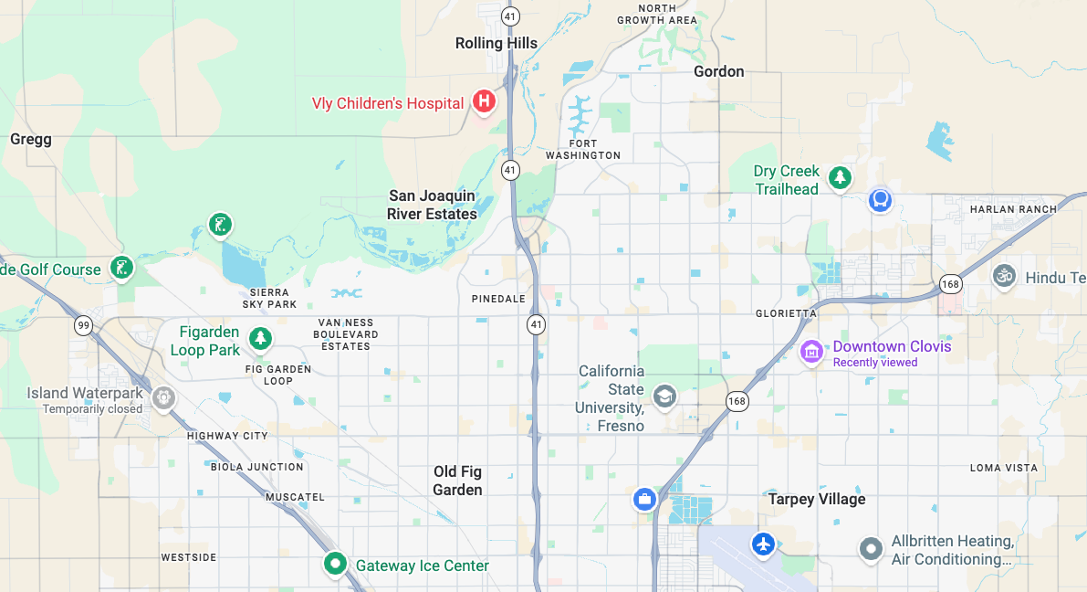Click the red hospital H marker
[484, 101]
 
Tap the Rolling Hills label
[496, 43]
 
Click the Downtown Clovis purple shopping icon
[810, 351]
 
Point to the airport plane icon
[763, 544]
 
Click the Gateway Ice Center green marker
[335, 564]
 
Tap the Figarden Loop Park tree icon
[261, 339]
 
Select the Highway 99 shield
[84, 325]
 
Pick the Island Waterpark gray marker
[164, 397]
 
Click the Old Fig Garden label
[457, 481]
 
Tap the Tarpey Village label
[816, 499]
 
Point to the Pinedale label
[498, 300]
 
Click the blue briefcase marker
[644, 499]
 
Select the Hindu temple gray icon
[1005, 275]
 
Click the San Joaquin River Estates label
[432, 205]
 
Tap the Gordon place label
[718, 71]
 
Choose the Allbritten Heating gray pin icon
[872, 549]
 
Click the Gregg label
[31, 140]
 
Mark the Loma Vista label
[1003, 468]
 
